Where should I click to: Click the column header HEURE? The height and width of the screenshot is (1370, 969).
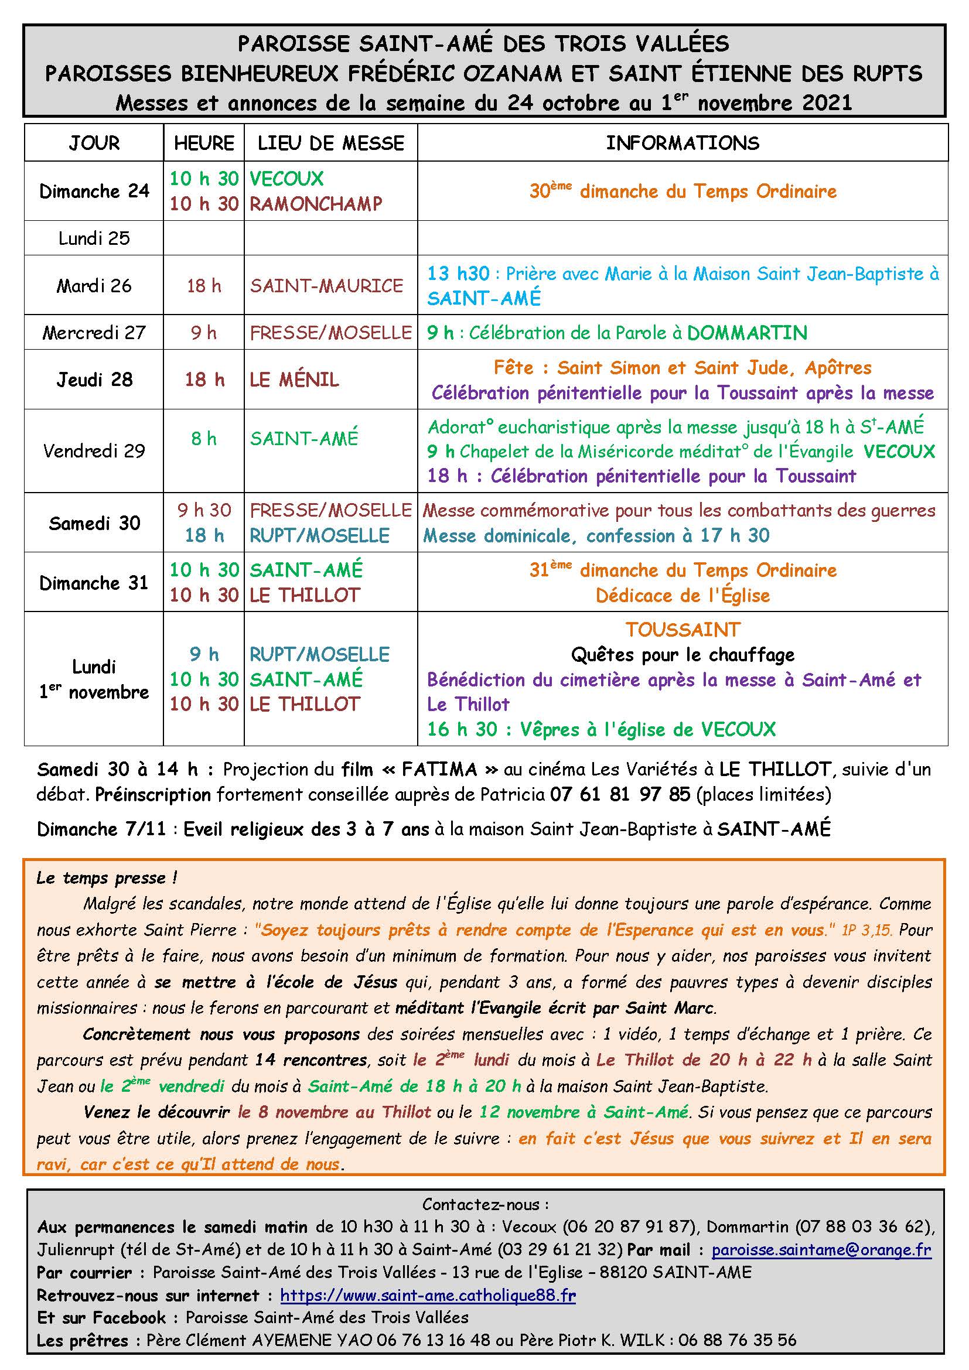click(204, 143)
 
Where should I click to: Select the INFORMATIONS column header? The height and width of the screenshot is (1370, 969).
click(683, 143)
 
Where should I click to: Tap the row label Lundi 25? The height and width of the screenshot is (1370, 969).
click(94, 238)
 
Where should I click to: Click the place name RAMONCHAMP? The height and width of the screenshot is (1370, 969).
click(316, 204)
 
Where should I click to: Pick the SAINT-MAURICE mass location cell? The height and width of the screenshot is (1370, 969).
click(326, 286)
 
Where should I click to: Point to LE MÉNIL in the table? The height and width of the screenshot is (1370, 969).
click(294, 380)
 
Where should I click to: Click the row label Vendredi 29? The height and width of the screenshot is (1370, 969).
click(94, 450)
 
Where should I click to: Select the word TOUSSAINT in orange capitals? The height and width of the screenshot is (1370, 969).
click(683, 630)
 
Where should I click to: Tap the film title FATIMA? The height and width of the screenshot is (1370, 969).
click(440, 769)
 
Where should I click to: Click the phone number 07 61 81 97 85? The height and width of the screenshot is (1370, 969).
click(620, 795)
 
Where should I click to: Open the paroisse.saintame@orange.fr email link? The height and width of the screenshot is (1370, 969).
click(821, 1249)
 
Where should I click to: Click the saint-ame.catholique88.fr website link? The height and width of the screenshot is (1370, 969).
click(428, 1295)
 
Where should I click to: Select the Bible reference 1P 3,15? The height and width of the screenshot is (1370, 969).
click(866, 930)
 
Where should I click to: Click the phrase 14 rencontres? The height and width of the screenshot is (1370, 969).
click(311, 1060)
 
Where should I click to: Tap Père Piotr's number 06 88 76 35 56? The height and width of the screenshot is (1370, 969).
click(737, 1340)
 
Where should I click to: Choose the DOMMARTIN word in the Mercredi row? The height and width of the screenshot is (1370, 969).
click(747, 333)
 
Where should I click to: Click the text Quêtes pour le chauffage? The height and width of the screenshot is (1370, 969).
click(683, 655)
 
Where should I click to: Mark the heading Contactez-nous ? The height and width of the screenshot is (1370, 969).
click(485, 1204)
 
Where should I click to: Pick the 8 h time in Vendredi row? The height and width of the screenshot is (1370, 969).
click(203, 439)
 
